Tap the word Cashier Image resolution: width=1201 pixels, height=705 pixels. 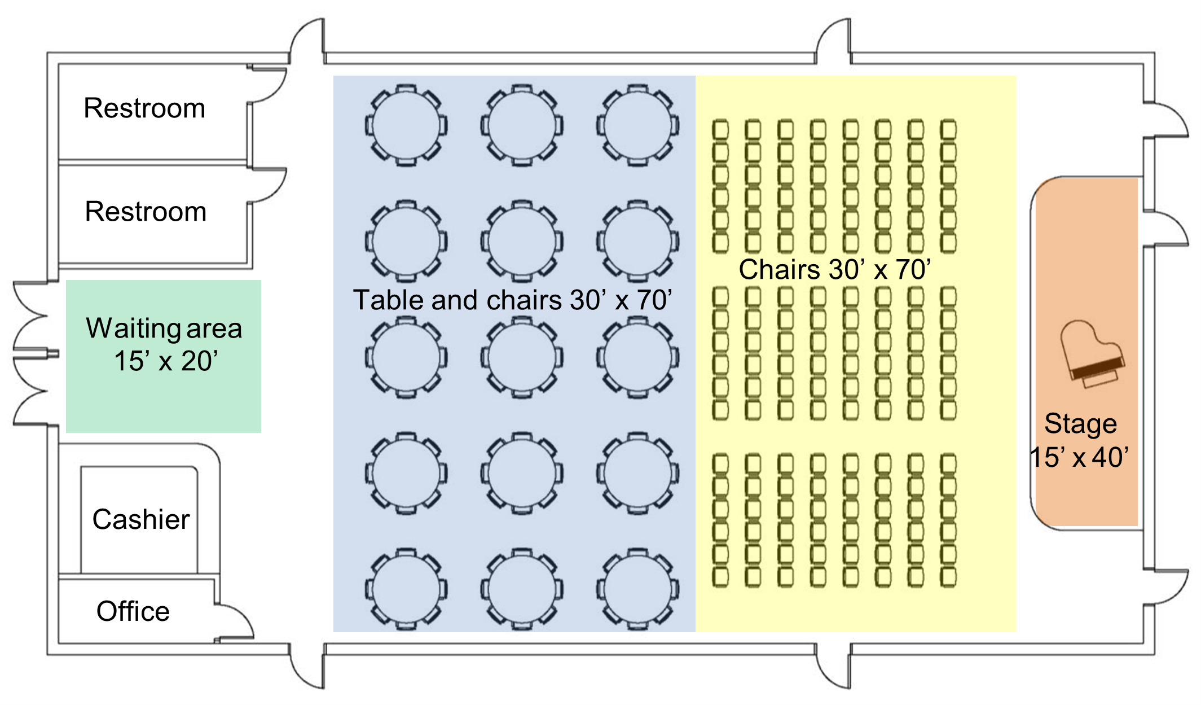click(x=141, y=519)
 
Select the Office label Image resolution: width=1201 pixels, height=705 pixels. click(x=133, y=611)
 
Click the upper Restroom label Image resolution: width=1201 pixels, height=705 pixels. click(x=144, y=108)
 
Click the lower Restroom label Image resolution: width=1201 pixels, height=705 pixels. click(x=146, y=212)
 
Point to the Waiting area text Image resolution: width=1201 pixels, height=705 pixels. click(x=164, y=329)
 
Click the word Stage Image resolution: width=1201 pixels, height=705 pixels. click(x=1080, y=424)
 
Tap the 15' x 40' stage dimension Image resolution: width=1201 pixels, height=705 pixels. click(x=1079, y=457)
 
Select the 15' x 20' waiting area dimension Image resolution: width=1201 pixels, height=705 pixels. click(x=166, y=361)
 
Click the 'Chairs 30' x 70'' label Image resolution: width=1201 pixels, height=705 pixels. click(x=835, y=269)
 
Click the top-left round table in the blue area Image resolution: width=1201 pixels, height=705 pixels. click(x=406, y=125)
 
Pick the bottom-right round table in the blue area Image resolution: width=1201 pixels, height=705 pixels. click(x=637, y=589)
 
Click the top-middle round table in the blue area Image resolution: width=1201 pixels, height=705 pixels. click(x=522, y=125)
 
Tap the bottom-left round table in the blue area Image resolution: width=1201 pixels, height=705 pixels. click(x=406, y=589)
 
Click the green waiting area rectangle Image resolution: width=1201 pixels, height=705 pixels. click(x=164, y=406)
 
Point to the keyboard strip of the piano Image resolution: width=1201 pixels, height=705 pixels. click(x=1097, y=367)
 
